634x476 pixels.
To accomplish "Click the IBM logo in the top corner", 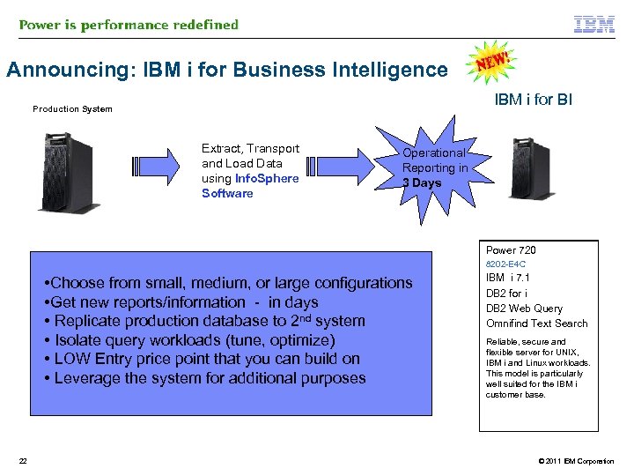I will (x=594, y=25).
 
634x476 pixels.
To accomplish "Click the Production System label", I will (x=72, y=109).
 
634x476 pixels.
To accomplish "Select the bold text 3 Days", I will (x=422, y=183).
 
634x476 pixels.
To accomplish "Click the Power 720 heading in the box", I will (x=511, y=250).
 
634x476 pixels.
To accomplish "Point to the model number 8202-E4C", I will (x=505, y=264).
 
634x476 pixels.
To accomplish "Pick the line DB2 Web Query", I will (x=524, y=309).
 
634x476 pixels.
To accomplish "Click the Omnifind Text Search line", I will (x=536, y=324).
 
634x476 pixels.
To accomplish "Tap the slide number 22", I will (x=23, y=461).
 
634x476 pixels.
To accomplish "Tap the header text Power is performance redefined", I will (x=129, y=25).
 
